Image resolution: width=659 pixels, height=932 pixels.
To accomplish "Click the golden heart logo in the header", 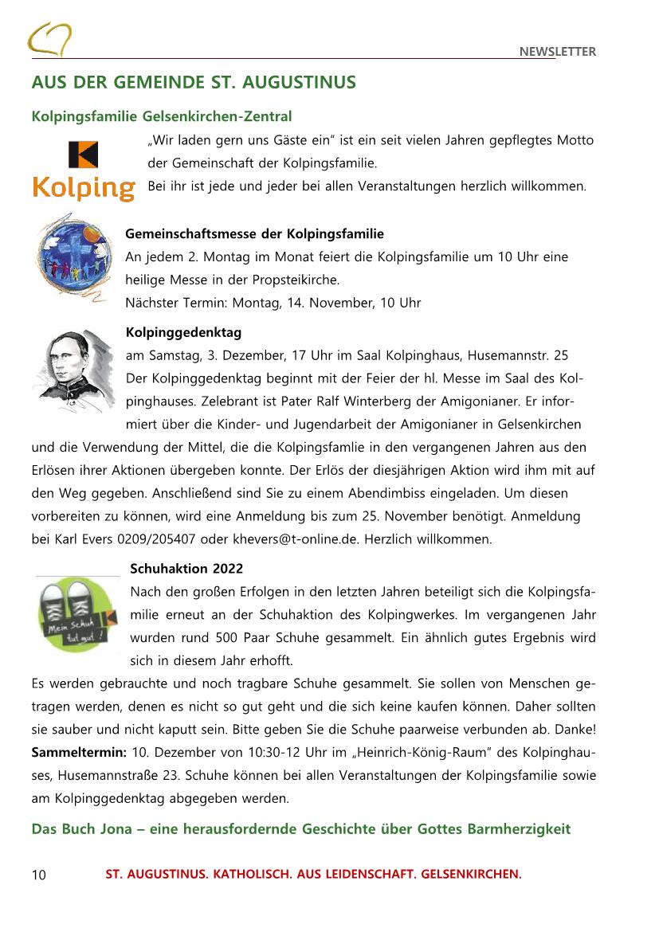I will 49,39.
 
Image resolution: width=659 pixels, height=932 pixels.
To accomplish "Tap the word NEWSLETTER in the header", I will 557,52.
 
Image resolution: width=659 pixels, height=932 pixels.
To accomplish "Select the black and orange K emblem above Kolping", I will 83,154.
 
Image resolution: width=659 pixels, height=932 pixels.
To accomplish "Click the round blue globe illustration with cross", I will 69,256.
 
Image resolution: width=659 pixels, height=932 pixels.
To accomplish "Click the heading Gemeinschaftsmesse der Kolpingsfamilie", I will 254,234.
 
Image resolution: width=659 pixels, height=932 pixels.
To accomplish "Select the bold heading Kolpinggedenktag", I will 183,332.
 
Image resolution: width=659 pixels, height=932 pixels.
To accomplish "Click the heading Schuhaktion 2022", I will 186,569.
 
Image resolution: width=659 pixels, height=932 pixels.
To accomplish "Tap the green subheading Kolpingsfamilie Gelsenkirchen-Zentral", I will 162,117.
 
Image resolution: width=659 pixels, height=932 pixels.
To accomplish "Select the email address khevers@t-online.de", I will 296,539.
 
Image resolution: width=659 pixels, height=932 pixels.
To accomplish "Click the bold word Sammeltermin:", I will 79,752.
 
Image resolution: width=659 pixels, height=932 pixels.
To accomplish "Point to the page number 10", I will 39,875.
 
